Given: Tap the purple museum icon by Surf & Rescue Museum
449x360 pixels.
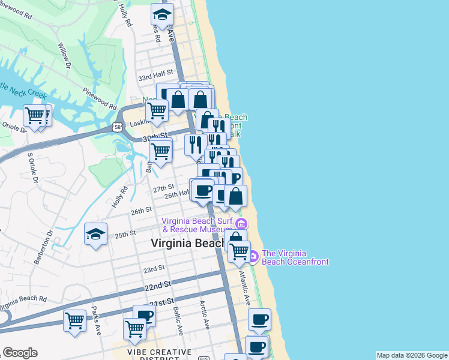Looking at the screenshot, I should point(241,224).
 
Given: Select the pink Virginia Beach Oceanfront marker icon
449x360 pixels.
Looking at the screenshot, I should point(253,257).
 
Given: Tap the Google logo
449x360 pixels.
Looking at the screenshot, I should point(20,353).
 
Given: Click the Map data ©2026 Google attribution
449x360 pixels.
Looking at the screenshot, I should point(412,355).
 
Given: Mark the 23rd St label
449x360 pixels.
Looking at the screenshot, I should point(154,268).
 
